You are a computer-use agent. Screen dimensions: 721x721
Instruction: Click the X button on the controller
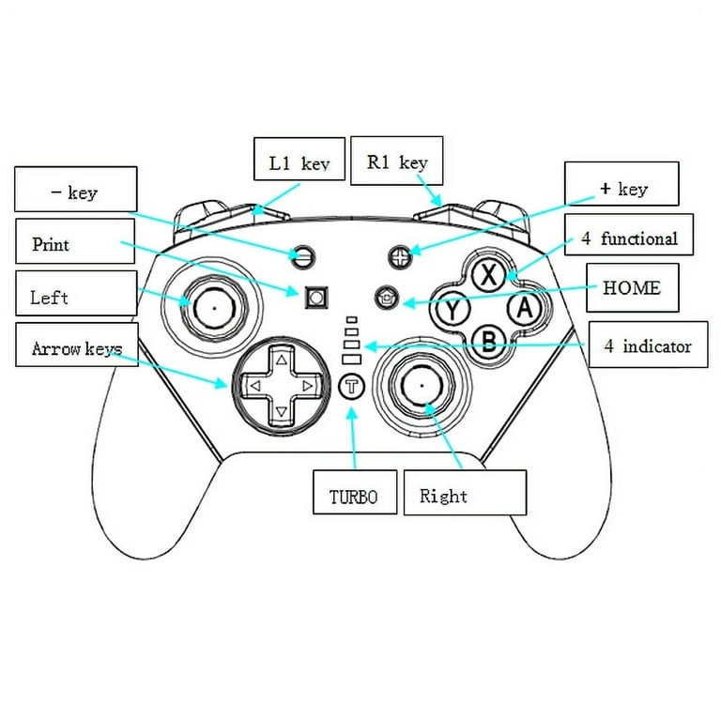[487, 276]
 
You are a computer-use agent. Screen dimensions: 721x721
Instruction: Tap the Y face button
[454, 309]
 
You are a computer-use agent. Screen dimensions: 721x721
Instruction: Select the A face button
[523, 307]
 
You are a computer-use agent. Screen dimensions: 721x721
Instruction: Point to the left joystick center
[215, 305]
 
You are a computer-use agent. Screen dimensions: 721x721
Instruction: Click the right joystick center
[421, 384]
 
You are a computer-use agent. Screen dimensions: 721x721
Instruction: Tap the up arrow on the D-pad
[281, 360]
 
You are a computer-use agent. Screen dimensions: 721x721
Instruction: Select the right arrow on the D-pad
[306, 385]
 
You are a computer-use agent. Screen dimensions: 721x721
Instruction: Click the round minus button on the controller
[302, 254]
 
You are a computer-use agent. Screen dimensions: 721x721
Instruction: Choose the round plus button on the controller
[401, 254]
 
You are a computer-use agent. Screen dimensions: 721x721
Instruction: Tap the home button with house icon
[386, 297]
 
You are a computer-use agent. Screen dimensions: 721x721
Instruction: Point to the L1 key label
[299, 162]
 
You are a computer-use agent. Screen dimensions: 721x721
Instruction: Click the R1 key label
[397, 161]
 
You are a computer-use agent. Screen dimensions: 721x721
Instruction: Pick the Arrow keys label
[76, 349]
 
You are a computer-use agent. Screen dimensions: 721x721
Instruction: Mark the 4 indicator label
[648, 345]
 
